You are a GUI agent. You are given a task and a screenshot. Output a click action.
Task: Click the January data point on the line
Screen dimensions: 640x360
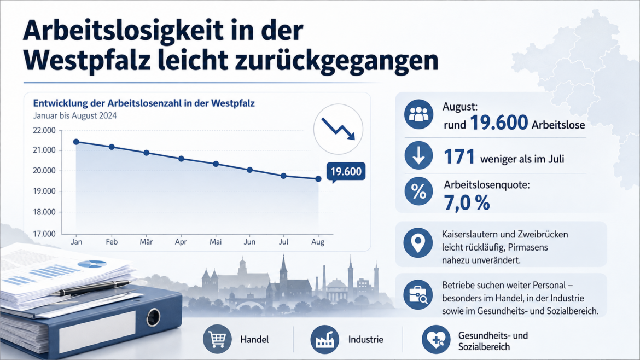click(77, 142)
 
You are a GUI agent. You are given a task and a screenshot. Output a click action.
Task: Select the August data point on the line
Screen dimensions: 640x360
click(318, 179)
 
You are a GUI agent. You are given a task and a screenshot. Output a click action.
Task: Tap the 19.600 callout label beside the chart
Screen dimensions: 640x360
click(346, 171)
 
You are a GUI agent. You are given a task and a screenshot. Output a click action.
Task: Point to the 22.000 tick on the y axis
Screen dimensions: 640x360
click(44, 131)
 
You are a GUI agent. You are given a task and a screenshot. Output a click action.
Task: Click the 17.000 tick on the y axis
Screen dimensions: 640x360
click(44, 234)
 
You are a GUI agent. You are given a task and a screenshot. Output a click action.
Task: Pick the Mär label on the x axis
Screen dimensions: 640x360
click(146, 242)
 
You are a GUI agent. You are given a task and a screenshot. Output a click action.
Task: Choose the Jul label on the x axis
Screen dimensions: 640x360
click(283, 242)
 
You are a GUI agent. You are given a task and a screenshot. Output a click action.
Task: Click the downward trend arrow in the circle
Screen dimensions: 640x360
click(339, 129)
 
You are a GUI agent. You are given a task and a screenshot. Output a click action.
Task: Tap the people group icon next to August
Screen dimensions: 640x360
click(419, 114)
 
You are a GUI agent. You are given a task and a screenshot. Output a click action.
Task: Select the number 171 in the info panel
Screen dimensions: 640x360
click(459, 156)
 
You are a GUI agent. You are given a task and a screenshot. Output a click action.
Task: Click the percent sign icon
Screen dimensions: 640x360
click(419, 191)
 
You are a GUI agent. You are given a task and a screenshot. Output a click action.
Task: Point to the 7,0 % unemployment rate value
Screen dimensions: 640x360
click(467, 203)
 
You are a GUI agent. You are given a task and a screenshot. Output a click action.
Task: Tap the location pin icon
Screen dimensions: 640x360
click(418, 243)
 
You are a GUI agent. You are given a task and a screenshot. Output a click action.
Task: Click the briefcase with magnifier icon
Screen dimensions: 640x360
click(418, 295)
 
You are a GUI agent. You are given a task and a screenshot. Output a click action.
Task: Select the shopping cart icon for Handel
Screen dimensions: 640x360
click(217, 339)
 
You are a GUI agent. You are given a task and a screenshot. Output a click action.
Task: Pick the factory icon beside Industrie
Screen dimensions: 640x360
click(325, 339)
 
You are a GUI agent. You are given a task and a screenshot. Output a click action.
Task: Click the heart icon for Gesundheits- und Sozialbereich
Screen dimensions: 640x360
click(436, 340)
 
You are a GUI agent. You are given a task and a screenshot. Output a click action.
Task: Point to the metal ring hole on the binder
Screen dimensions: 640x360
click(154, 317)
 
